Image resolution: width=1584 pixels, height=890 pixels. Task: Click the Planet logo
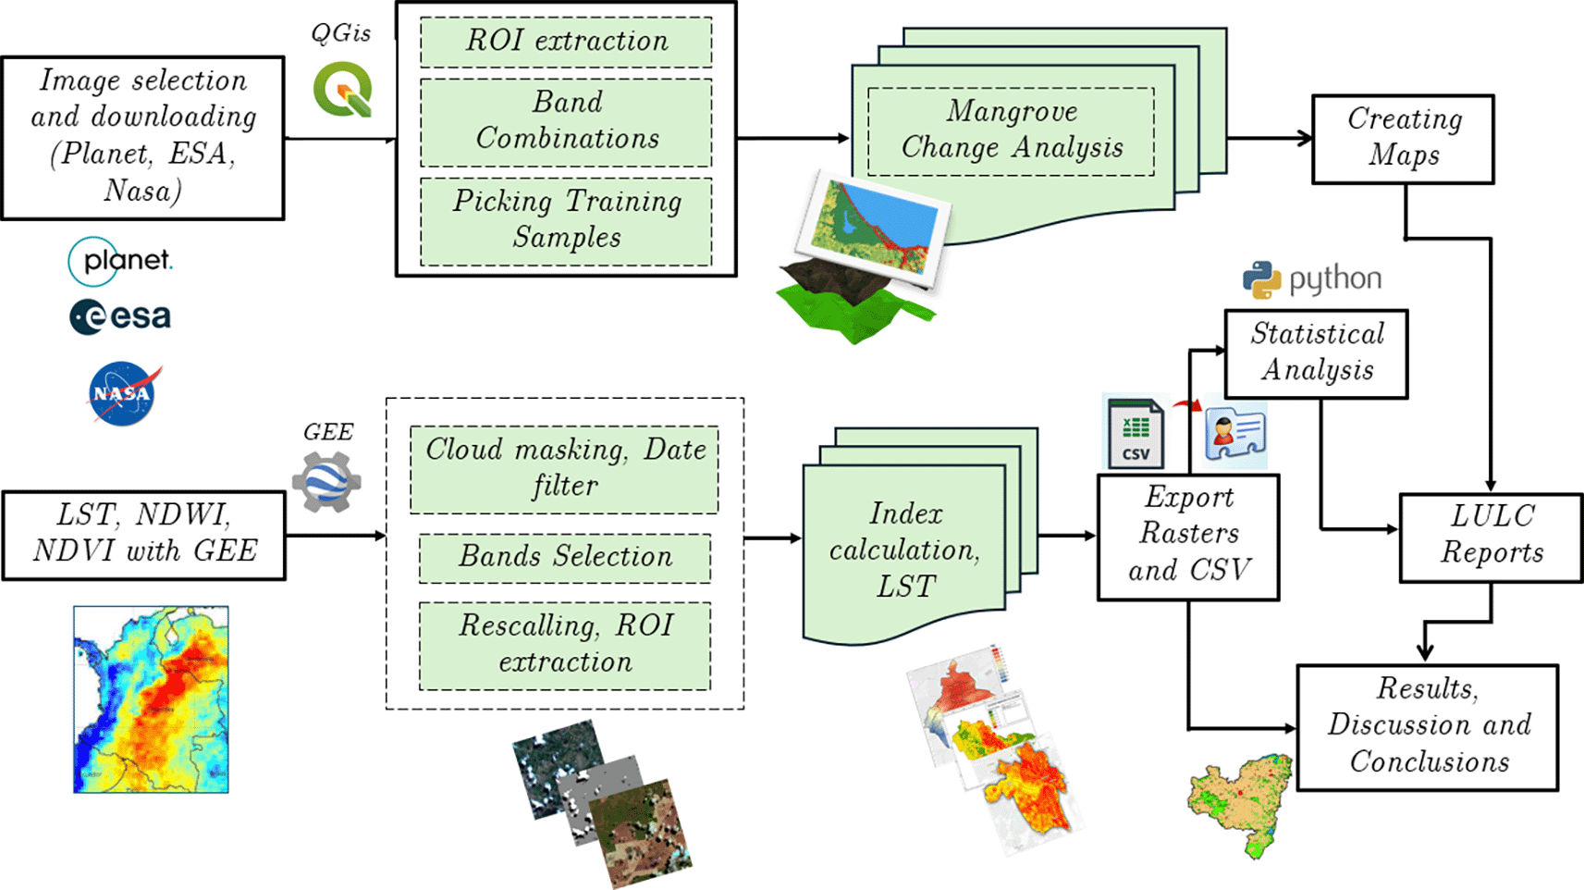tap(120, 261)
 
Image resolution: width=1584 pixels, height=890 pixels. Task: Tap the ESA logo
tap(120, 316)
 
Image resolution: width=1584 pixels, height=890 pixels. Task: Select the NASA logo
tap(123, 393)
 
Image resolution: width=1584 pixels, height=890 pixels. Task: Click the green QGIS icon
tap(343, 90)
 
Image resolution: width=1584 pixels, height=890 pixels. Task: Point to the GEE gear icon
tap(326, 482)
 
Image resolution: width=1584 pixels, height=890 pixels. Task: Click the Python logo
tap(1311, 279)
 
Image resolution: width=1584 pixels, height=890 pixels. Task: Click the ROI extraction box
tap(566, 42)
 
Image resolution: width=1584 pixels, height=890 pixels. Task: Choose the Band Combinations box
tap(566, 121)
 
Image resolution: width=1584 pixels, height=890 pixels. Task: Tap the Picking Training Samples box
tap(566, 220)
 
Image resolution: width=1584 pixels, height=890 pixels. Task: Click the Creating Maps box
tap(1403, 139)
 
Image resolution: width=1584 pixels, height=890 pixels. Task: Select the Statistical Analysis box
tap(1316, 353)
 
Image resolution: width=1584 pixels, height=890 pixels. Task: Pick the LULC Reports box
tap(1491, 537)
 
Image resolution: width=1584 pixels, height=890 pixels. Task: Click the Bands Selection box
tap(565, 557)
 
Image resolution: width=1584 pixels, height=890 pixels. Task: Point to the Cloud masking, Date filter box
tap(564, 469)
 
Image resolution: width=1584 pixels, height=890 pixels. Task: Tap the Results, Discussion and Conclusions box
tap(1427, 726)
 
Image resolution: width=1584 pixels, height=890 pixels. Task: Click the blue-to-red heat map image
tap(151, 699)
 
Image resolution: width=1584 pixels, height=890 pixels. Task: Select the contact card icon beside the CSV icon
tap(1235, 433)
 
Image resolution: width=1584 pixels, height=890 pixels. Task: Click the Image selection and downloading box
tap(142, 137)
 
